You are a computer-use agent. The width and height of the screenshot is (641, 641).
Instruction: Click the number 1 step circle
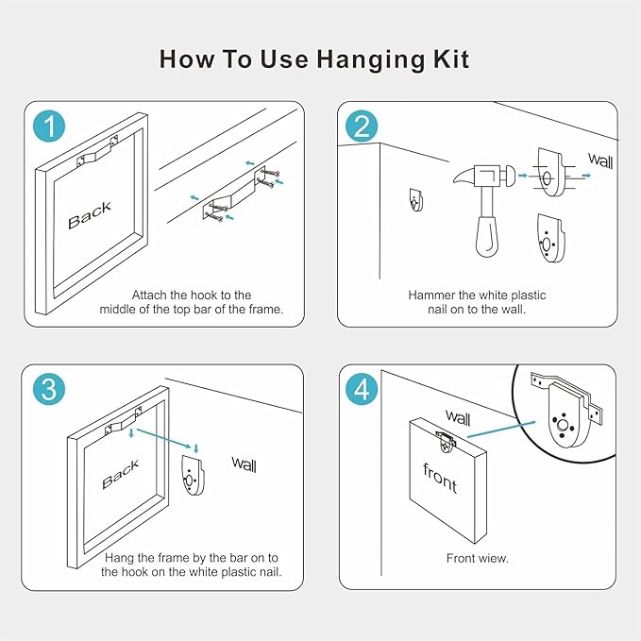[49, 127]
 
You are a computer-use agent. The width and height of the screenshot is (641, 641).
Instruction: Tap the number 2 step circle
[362, 127]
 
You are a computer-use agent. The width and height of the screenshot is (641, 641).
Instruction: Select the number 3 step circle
[49, 389]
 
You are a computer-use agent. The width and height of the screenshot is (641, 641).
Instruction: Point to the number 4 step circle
[362, 389]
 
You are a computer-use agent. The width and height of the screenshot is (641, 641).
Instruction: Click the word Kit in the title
[451, 59]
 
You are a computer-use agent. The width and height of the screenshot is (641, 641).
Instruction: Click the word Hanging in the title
[371, 60]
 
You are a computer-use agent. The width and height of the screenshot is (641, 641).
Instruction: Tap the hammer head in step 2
[485, 175]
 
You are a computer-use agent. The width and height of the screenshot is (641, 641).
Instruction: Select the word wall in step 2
[600, 160]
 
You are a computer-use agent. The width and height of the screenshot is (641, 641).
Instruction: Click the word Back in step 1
[90, 215]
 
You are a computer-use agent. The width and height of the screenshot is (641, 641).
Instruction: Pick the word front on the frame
[440, 478]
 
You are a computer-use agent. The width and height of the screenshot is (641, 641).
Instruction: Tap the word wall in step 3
[245, 464]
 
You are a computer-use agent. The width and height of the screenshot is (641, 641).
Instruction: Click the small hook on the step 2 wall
[416, 199]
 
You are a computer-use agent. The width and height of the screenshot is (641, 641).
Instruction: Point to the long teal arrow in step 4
[501, 429]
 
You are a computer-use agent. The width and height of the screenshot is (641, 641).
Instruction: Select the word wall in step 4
[458, 417]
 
